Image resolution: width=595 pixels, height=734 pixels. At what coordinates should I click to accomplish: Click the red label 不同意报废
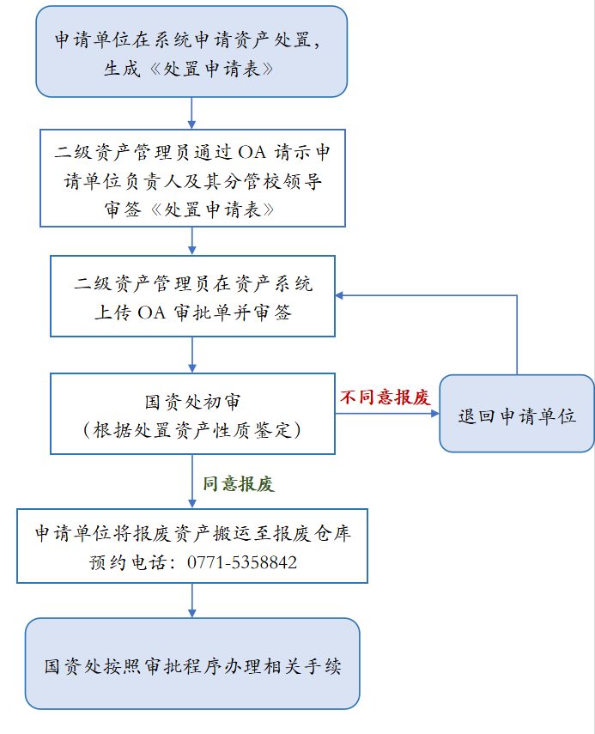[x=384, y=397]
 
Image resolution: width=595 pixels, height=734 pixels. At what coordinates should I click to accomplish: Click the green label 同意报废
[x=238, y=484]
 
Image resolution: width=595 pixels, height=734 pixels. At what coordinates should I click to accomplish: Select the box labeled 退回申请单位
[x=516, y=414]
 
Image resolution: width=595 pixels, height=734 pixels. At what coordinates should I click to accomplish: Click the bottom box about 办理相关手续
[x=192, y=664]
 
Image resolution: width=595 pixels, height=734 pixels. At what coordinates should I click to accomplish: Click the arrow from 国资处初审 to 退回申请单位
[x=386, y=413]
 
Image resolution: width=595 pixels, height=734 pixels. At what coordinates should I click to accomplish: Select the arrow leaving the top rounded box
[x=191, y=112]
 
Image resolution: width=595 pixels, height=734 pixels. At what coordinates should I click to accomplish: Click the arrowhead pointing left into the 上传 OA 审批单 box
[x=340, y=295]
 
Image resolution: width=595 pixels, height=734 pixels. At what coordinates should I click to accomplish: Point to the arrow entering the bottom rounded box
[x=191, y=600]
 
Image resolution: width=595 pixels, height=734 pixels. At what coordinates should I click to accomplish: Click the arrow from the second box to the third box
[x=191, y=241]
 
